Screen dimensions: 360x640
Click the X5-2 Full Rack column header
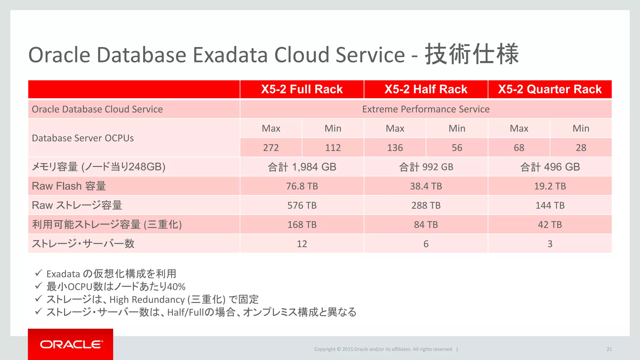coord(302,89)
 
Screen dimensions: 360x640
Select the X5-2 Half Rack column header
coord(426,89)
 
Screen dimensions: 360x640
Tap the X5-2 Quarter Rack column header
coord(550,89)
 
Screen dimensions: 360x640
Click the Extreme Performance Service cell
coord(426,109)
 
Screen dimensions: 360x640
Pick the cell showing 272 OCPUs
coord(271,147)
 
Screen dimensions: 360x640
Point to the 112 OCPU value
coord(333,147)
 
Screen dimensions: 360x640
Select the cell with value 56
coord(457,147)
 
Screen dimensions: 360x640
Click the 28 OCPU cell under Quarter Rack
coord(581,147)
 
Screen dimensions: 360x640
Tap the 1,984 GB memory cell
coord(302,167)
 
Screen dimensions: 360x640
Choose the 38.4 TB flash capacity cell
coord(426,186)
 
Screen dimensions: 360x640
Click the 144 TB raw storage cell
coord(550,205)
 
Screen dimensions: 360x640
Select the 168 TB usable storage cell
coord(302,225)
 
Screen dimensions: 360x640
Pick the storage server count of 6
coord(426,244)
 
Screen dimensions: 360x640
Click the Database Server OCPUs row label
coord(83,138)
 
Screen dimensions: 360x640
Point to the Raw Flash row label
coord(69,186)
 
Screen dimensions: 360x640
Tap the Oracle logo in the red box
coord(71,344)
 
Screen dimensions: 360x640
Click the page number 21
coord(609,349)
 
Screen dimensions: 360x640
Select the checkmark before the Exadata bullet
coord(38,273)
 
